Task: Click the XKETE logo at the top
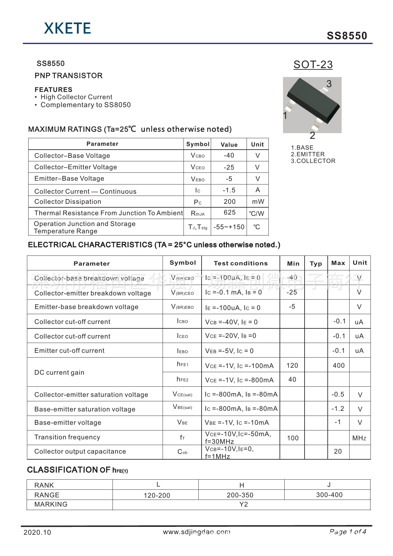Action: [68, 29]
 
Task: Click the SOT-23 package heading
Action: [313, 65]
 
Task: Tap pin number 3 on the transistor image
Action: [329, 84]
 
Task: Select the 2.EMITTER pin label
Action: [308, 154]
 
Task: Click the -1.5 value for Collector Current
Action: [229, 190]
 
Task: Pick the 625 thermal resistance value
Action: [229, 212]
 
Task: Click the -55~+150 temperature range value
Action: [229, 227]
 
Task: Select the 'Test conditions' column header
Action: [241, 263]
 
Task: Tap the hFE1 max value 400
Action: [338, 365]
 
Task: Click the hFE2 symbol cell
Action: [183, 379]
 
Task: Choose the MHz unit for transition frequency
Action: [359, 438]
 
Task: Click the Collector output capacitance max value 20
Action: [338, 451]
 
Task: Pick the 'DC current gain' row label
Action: [59, 372]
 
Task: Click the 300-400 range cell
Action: [329, 495]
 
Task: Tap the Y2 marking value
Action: [243, 504]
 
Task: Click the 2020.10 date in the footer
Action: [37, 532]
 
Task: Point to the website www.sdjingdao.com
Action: [196, 532]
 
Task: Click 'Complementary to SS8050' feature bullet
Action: [86, 105]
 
